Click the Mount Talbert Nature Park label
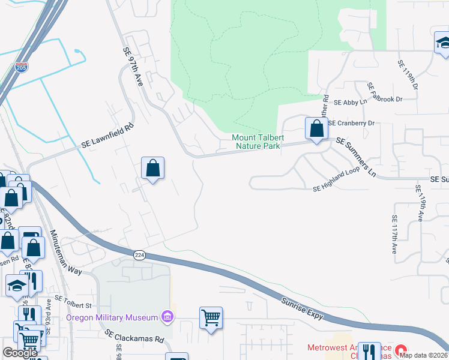(256, 142)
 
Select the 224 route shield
(139, 256)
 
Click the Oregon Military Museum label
(112, 317)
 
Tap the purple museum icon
(167, 317)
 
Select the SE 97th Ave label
(134, 67)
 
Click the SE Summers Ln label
(355, 157)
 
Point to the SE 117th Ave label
(394, 235)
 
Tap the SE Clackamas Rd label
(134, 335)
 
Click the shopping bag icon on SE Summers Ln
(316, 128)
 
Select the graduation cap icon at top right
(443, 43)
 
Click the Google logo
(20, 353)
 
